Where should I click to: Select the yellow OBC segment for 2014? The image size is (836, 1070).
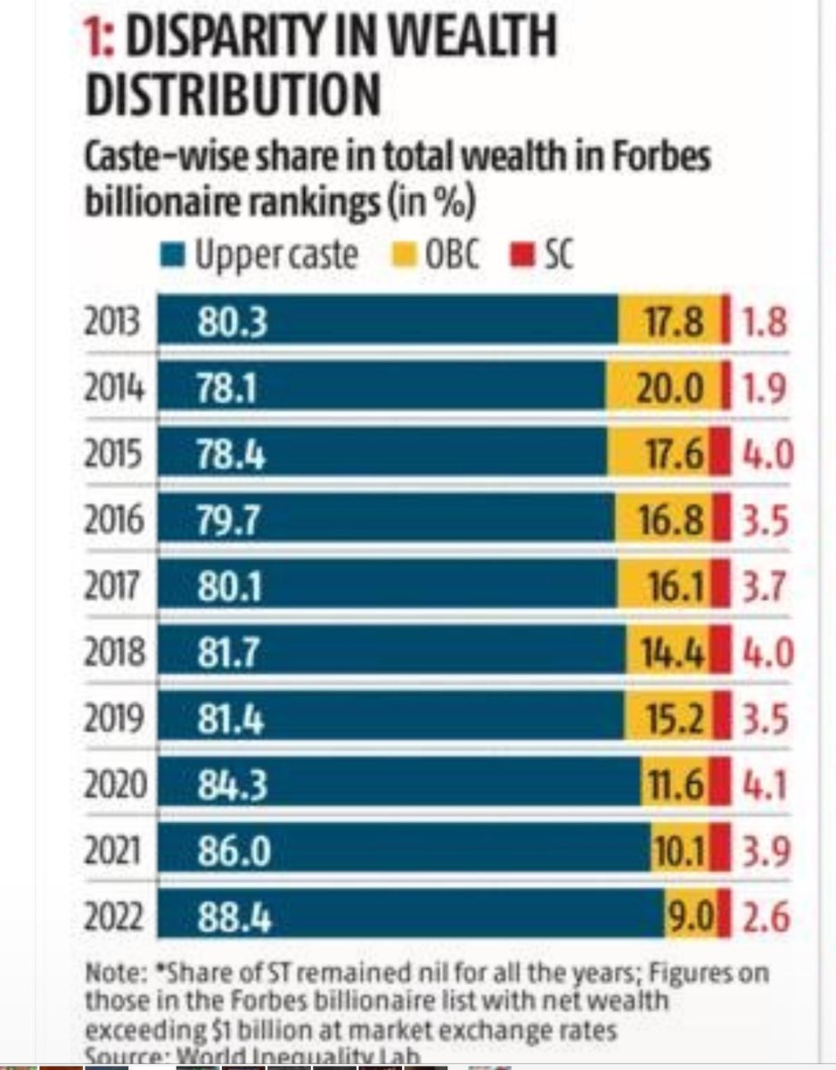tap(665, 386)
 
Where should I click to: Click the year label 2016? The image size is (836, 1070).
tap(113, 519)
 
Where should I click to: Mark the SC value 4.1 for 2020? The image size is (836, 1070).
tap(765, 786)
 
